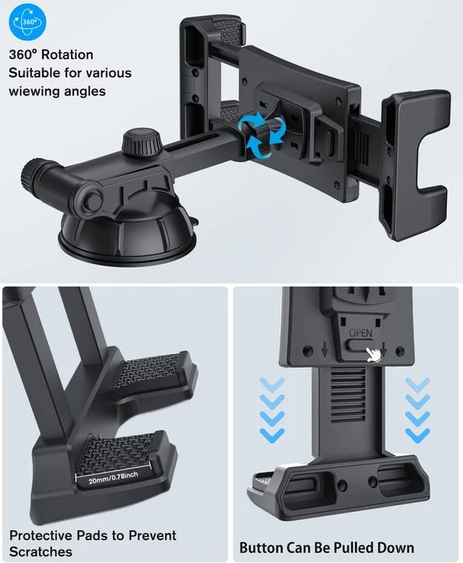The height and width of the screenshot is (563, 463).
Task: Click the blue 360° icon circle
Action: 28,22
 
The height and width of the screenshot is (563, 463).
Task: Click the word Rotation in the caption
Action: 67,55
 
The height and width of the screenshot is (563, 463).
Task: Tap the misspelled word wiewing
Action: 34,91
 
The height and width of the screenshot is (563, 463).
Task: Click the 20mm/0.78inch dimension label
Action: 113,478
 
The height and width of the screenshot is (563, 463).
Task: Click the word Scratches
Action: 40,551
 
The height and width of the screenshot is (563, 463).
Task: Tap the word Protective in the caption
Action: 40,535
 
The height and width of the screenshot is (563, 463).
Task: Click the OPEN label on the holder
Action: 361,333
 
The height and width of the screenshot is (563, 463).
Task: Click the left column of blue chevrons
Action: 272,410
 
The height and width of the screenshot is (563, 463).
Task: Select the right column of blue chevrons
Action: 418,410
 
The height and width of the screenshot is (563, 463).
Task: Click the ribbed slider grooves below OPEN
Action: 349,394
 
